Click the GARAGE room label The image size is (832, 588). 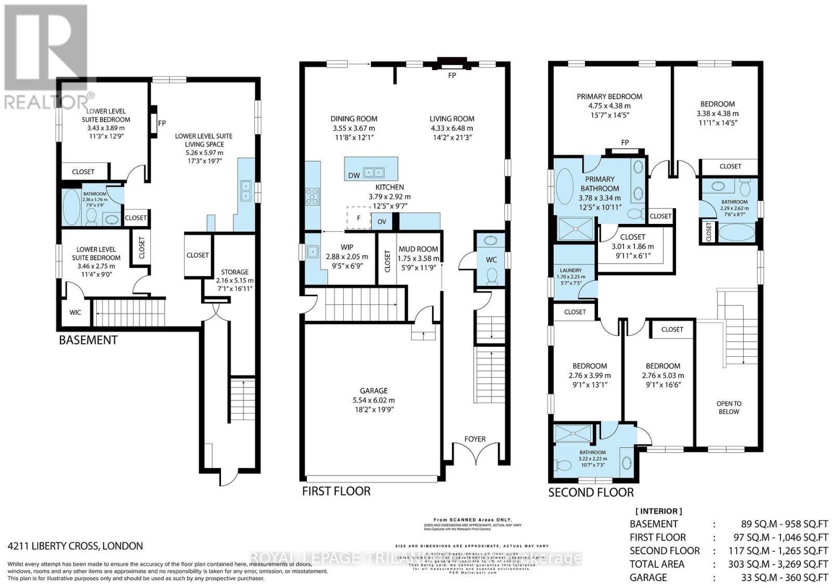(x=373, y=391)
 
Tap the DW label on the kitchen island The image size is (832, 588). (x=354, y=175)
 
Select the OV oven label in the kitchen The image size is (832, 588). (x=382, y=221)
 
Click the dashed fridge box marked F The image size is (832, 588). (x=358, y=218)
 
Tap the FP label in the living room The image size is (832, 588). (x=452, y=75)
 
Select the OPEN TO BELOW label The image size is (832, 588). (x=729, y=407)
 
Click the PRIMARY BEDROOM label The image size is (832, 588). (x=609, y=96)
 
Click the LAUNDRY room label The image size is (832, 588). (x=570, y=270)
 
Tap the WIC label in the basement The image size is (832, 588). (x=75, y=313)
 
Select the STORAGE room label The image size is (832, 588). (x=235, y=272)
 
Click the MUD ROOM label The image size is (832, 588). (x=418, y=249)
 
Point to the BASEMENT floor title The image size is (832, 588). (x=88, y=340)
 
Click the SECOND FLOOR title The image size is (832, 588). (x=591, y=492)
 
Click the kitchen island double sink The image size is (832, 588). (x=373, y=171)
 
